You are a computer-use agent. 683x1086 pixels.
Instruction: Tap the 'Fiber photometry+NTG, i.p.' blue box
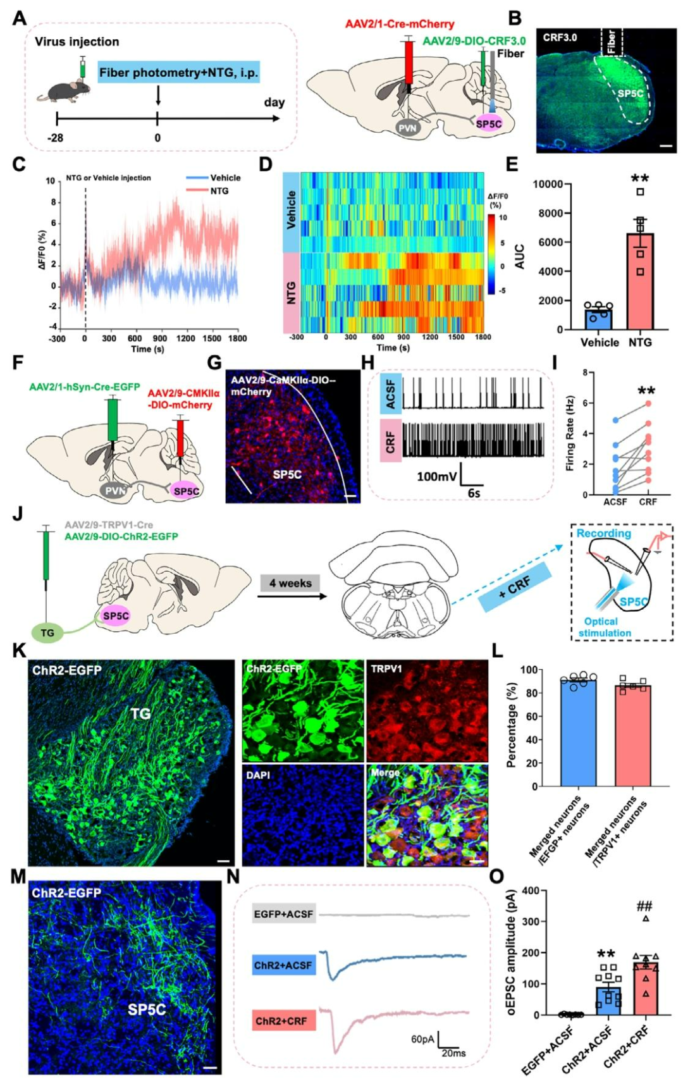tap(178, 73)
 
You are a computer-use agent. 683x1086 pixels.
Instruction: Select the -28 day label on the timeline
tap(56, 137)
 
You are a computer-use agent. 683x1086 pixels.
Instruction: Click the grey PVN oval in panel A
tap(407, 128)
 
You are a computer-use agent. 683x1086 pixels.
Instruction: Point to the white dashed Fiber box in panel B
tap(612, 42)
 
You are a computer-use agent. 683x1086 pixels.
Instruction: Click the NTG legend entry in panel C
tap(219, 190)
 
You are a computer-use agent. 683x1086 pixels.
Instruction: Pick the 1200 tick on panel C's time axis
tap(185, 338)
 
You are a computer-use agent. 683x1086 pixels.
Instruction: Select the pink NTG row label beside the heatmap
tap(291, 292)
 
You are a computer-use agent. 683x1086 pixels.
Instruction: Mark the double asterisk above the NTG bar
tap(639, 178)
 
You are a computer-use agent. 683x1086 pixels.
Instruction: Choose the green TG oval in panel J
tap(47, 632)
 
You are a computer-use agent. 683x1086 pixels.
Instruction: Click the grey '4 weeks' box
tap(290, 583)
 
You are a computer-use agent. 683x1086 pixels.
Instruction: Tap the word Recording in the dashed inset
tap(603, 533)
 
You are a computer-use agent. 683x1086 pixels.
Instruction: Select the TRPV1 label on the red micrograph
tap(386, 668)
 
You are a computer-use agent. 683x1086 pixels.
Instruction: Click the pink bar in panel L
tap(632, 736)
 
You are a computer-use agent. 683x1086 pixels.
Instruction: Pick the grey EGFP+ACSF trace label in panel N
tap(283, 914)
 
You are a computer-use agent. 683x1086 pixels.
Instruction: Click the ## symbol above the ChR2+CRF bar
tap(644, 907)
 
